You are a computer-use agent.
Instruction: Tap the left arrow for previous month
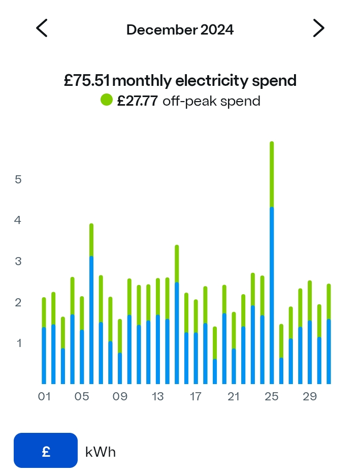click(x=42, y=28)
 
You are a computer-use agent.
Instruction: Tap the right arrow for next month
click(x=319, y=28)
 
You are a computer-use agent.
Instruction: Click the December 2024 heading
click(x=180, y=30)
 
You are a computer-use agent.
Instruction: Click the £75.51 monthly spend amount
click(x=87, y=81)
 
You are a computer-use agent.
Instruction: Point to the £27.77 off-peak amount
click(x=138, y=101)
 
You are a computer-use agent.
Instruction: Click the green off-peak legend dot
click(x=106, y=100)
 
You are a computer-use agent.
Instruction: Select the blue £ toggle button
click(x=46, y=451)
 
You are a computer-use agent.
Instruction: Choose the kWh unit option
click(x=101, y=452)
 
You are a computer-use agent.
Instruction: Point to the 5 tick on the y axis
click(x=18, y=179)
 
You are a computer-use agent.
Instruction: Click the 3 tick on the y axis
click(x=18, y=262)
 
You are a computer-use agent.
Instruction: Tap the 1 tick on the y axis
click(x=19, y=343)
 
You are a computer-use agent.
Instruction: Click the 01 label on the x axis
click(x=44, y=396)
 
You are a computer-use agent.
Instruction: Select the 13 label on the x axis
click(x=157, y=396)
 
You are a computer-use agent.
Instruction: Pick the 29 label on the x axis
click(x=310, y=396)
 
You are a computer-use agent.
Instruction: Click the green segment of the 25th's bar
click(x=272, y=174)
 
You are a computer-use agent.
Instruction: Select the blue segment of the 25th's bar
click(x=272, y=296)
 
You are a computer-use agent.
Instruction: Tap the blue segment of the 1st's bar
click(x=44, y=356)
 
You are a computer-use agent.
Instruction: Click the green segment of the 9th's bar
click(x=120, y=336)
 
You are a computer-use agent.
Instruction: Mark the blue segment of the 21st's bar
click(x=234, y=366)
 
